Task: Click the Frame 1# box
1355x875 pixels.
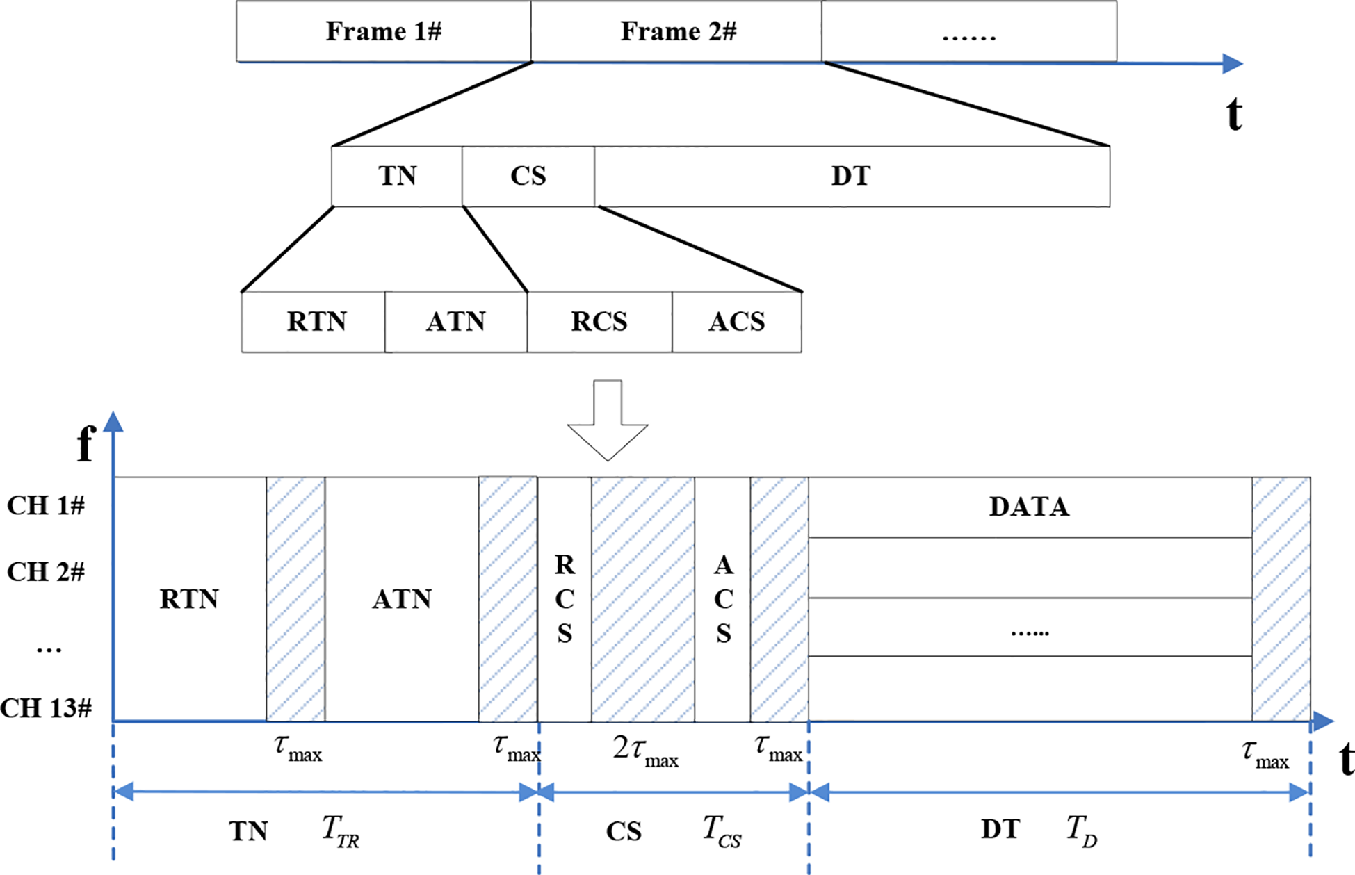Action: click(383, 31)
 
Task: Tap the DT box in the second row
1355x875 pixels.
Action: click(851, 177)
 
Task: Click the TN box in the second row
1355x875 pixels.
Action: click(397, 177)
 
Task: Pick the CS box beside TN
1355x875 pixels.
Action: click(528, 177)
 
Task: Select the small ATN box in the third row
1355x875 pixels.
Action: click(455, 322)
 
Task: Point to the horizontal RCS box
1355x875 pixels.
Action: click(599, 322)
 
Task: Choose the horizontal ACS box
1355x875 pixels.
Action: click(736, 322)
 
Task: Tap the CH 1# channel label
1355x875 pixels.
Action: click(46, 506)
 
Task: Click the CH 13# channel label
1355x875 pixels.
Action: click(46, 708)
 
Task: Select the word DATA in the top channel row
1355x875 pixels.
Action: click(1029, 507)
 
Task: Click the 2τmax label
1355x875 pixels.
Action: click(645, 751)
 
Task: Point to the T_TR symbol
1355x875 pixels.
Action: click(341, 831)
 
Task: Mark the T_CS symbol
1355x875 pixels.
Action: click(722, 831)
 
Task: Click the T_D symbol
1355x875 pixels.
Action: click(1082, 831)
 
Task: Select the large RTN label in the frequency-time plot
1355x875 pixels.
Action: click(189, 599)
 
